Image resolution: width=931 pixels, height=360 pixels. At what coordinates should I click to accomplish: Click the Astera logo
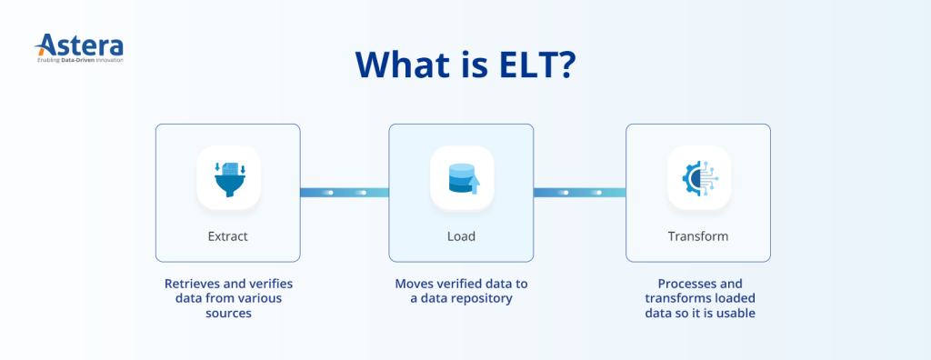point(78,45)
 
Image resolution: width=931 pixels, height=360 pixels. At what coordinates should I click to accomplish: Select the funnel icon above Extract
point(228,178)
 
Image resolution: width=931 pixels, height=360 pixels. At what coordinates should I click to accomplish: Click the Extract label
point(228,236)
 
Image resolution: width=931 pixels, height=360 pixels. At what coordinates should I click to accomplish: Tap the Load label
point(462,236)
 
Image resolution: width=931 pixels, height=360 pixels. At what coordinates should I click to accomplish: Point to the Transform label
point(698,236)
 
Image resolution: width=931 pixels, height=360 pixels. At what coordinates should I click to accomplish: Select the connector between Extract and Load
point(345,192)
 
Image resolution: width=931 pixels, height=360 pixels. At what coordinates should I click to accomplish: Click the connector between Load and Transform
point(579,192)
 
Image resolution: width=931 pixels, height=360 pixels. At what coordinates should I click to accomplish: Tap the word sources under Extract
point(228,313)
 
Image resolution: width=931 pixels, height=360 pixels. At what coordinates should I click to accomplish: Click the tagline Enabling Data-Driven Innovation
point(80,60)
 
